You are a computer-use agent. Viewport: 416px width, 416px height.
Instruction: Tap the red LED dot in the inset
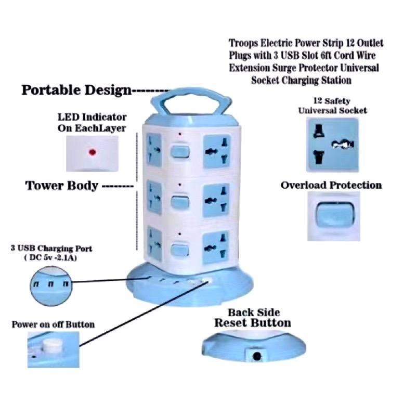[93, 152]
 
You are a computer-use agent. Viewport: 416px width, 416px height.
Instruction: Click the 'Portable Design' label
[76, 90]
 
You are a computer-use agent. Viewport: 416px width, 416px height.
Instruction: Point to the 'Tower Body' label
[62, 186]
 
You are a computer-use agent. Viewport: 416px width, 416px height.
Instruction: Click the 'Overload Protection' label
[331, 185]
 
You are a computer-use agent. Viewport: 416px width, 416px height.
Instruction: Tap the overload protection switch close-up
[332, 215]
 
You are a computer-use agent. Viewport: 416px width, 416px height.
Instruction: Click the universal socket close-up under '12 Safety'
[332, 144]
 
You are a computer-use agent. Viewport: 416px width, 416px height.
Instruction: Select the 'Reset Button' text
[253, 323]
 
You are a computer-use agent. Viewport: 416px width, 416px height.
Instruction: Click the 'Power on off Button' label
[53, 324]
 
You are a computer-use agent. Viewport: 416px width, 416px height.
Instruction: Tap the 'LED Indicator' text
[92, 118]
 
